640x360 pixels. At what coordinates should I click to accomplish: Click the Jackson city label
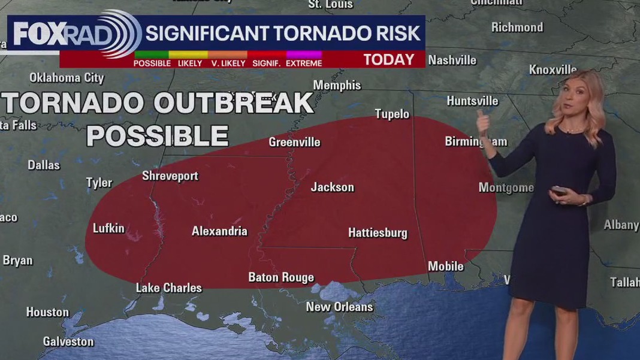click(332, 187)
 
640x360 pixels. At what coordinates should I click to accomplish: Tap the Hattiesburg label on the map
click(378, 233)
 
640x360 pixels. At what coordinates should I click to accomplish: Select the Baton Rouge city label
click(281, 277)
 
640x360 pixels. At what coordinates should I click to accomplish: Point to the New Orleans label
click(339, 307)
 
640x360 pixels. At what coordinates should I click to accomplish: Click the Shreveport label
click(170, 176)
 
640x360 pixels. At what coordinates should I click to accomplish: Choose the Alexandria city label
click(219, 231)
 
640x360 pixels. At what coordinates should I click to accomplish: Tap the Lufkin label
click(108, 228)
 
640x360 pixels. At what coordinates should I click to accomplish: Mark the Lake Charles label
click(168, 288)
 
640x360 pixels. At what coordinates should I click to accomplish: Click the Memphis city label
click(337, 85)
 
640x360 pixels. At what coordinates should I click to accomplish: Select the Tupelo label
click(392, 114)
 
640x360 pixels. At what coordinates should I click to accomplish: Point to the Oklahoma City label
click(67, 78)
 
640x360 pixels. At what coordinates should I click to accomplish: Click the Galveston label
click(68, 341)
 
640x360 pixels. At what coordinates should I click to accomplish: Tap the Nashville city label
click(452, 60)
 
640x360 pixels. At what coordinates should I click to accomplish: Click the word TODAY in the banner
click(389, 59)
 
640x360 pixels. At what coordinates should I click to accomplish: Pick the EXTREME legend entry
click(304, 63)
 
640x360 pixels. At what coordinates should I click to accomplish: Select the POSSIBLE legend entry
click(152, 63)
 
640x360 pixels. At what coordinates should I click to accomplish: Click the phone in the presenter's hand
click(559, 190)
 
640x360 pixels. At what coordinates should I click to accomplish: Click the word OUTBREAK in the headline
click(233, 104)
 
